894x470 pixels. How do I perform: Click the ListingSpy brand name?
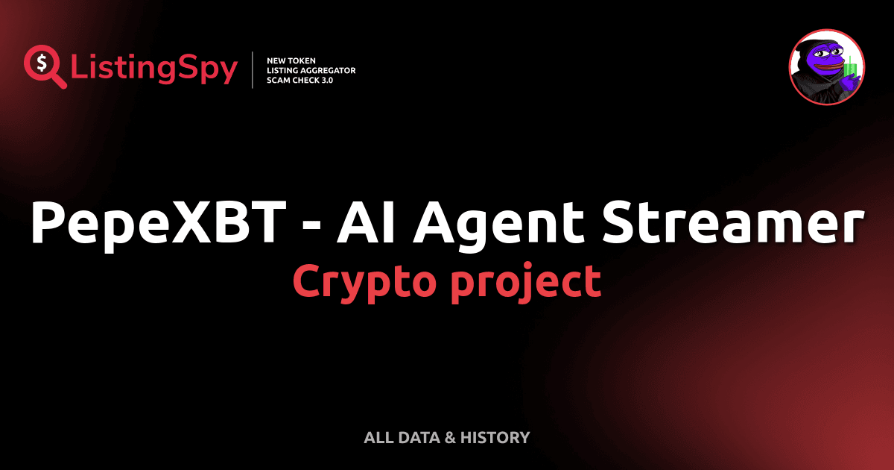(153, 69)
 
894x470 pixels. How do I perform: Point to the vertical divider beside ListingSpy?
(254, 70)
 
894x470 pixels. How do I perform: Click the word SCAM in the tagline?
(278, 80)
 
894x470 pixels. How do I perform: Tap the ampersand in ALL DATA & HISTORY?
(449, 437)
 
